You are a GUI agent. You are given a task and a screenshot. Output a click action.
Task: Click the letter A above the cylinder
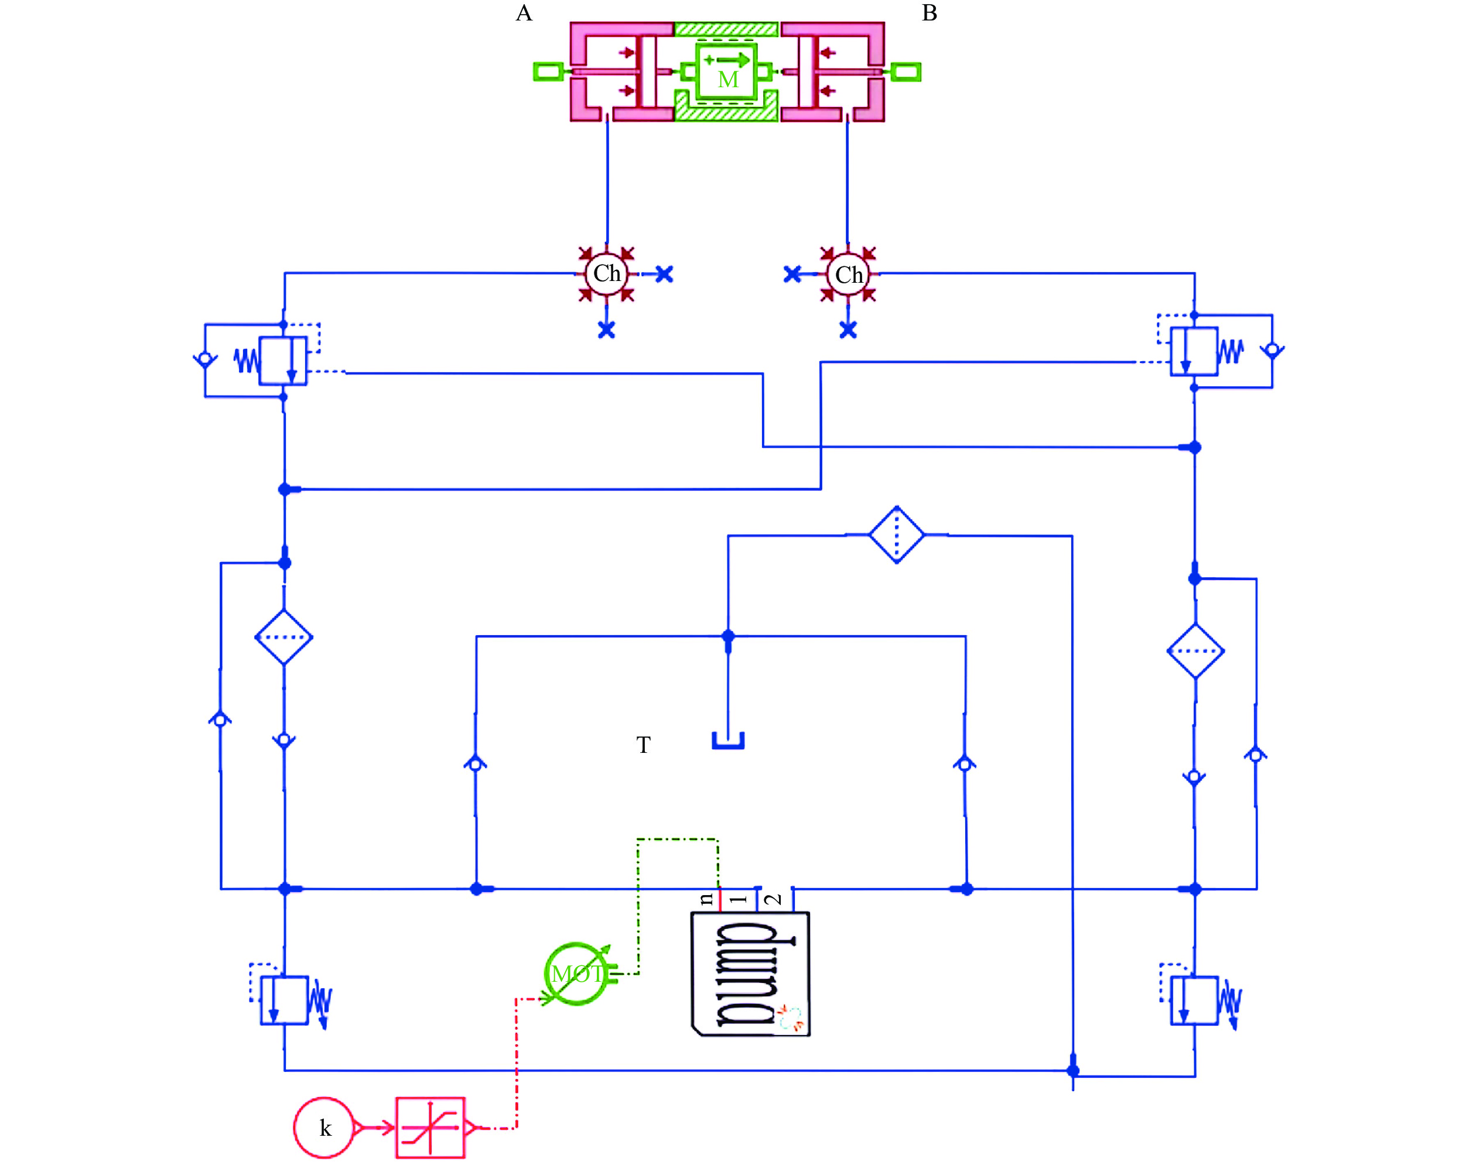point(524,13)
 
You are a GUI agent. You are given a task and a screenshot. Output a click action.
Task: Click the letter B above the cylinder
point(929,13)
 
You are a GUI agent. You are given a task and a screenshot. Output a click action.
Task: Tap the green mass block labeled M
point(726,71)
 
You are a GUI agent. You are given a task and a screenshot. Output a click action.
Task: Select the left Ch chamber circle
point(607,273)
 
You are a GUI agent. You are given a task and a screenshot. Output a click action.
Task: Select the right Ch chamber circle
point(848,275)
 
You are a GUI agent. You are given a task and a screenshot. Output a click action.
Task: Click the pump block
point(751,974)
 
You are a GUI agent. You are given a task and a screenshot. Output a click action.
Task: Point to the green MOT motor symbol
point(576,974)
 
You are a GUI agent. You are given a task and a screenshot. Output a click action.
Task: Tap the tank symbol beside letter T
point(728,741)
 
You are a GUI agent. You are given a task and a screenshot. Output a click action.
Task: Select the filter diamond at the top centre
point(897,534)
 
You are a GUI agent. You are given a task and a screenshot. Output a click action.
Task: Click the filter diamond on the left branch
point(284,637)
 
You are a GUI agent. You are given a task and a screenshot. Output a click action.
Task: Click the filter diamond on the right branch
point(1195,651)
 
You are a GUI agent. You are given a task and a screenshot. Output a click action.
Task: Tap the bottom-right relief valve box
point(1194,1000)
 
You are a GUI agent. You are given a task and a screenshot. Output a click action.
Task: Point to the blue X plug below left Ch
point(606,330)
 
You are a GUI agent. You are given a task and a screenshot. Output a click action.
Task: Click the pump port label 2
point(774,899)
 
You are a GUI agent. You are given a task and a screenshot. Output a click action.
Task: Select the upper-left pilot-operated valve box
point(282,361)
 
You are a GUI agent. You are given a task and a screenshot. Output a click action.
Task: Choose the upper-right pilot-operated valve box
point(1194,351)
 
